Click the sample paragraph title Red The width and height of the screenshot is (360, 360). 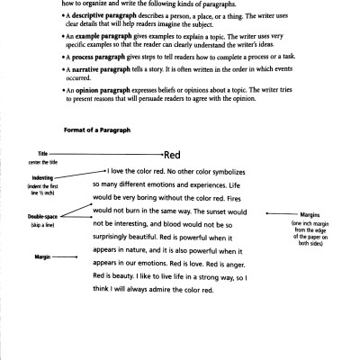[173, 155]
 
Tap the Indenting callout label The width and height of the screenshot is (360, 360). [40, 178]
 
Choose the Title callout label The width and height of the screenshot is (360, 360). [41, 154]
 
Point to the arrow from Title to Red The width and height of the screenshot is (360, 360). [108, 155]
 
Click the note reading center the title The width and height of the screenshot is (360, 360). [42, 161]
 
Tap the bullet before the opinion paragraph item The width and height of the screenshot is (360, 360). [65, 92]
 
